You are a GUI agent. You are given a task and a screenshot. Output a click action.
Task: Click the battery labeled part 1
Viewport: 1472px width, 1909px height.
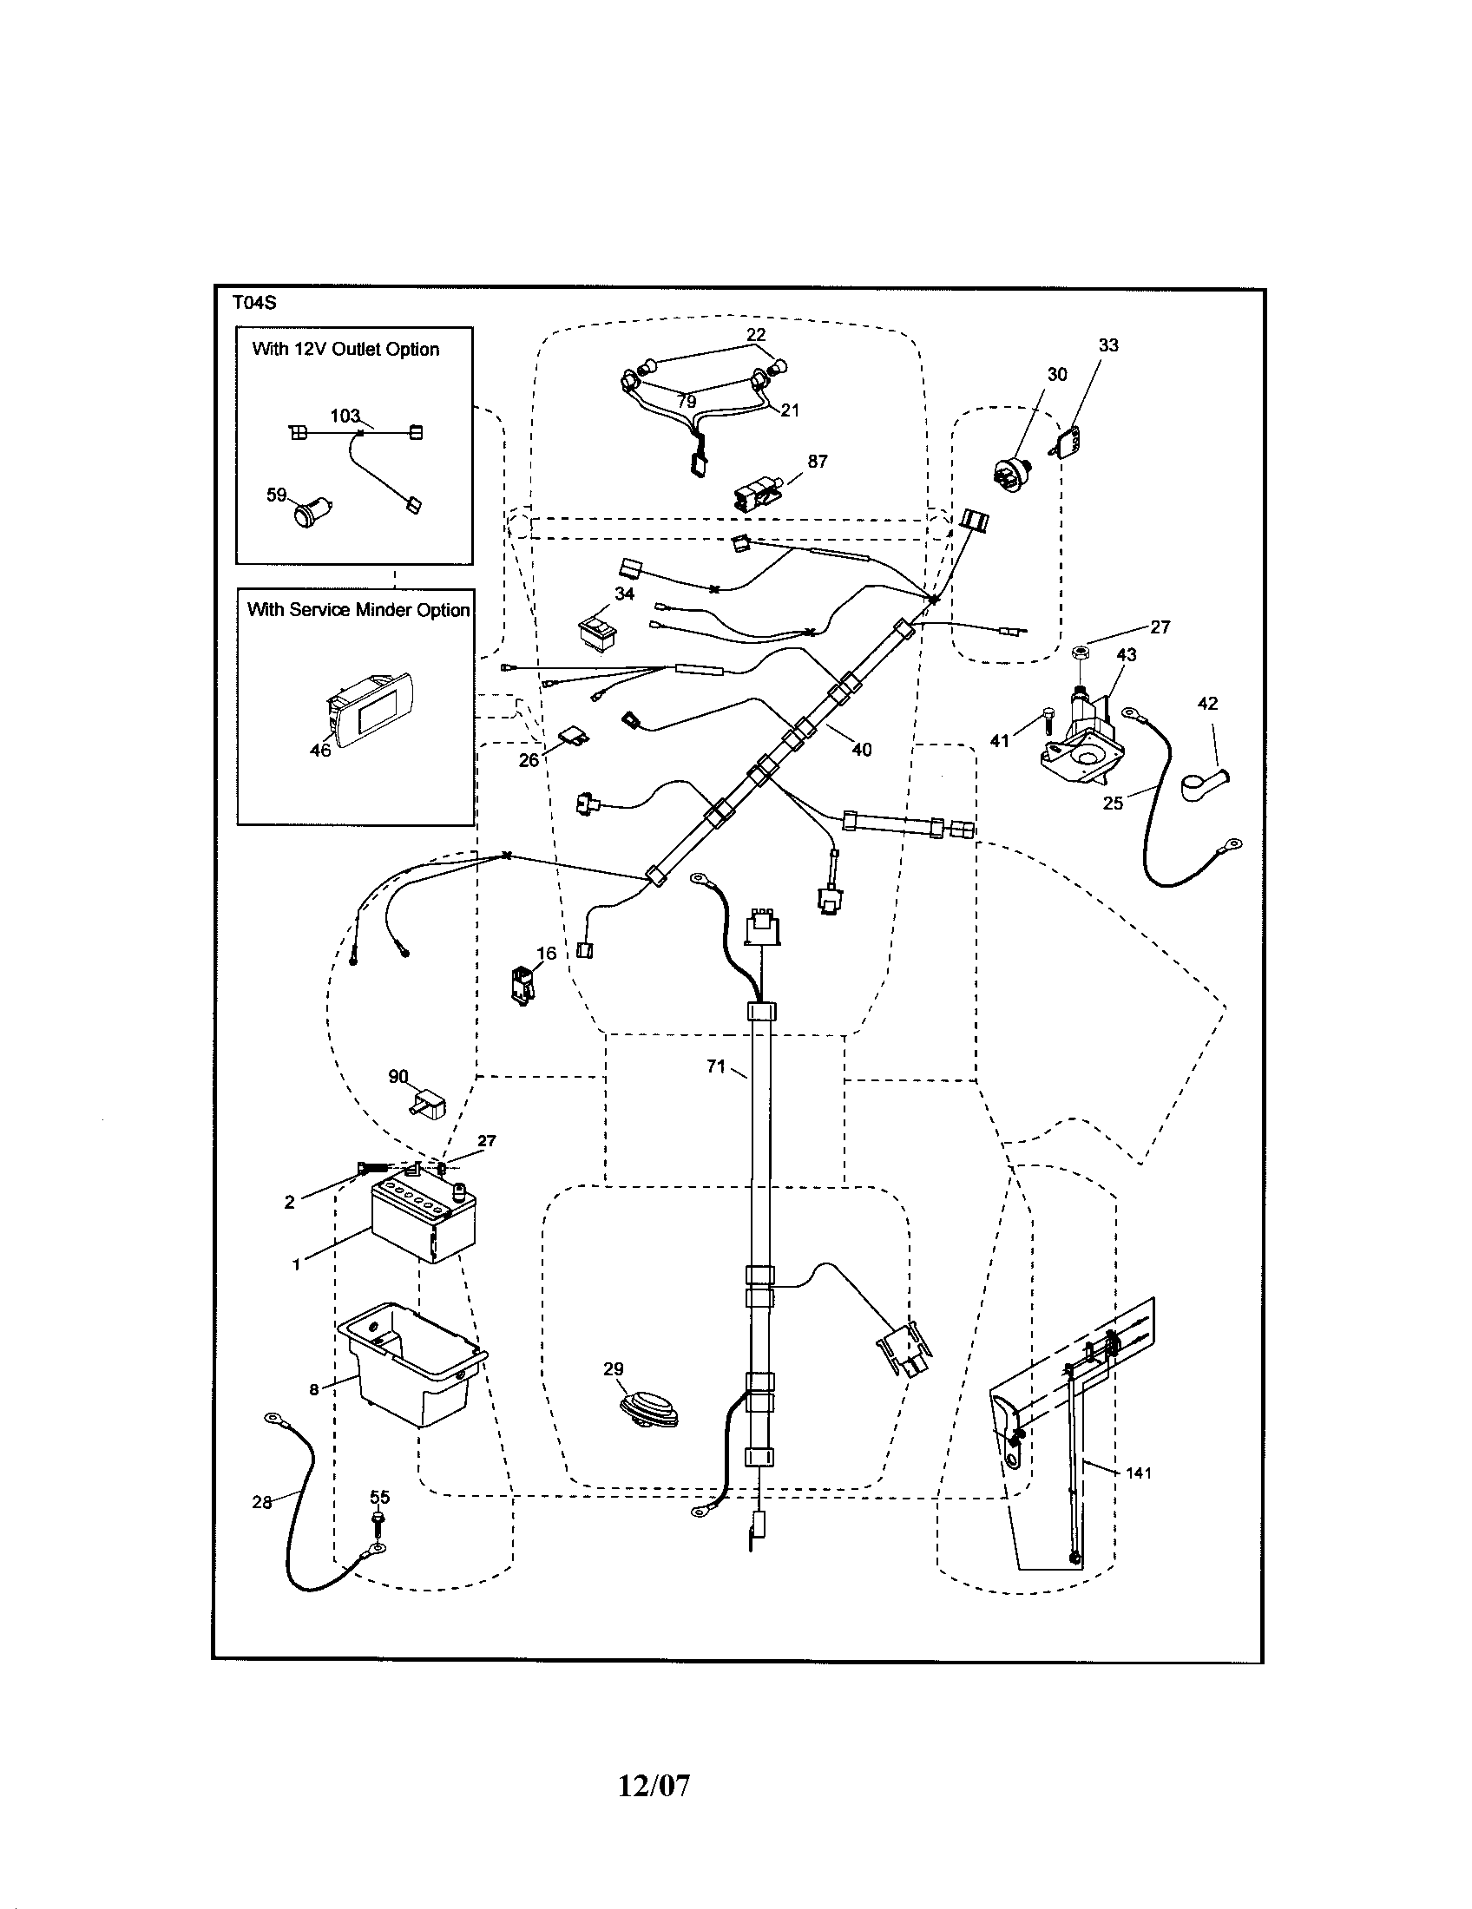click(424, 1220)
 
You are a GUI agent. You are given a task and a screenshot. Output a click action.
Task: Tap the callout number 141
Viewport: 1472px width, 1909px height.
click(1138, 1473)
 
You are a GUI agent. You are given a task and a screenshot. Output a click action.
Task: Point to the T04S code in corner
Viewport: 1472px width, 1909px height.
click(254, 304)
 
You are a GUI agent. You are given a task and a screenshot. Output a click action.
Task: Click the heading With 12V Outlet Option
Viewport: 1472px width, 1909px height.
click(345, 350)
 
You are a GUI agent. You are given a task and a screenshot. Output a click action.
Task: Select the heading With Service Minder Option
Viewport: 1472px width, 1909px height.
click(358, 610)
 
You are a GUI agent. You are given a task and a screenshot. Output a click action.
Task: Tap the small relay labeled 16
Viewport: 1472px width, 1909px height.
click(522, 986)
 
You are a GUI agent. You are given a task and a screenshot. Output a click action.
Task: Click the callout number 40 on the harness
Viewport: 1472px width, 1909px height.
click(861, 749)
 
